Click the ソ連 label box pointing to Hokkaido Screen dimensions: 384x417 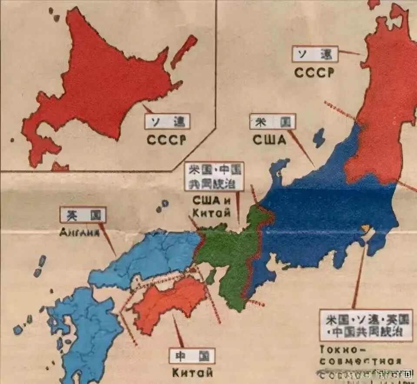point(168,122)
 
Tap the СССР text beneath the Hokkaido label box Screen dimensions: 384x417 point(166,139)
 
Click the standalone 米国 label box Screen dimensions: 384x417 point(272,122)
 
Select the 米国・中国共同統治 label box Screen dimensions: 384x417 point(214,176)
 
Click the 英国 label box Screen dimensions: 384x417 point(83,215)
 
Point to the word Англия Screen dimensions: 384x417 point(80,232)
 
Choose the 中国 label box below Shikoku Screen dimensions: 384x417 point(192,356)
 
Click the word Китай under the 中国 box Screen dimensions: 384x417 point(192,372)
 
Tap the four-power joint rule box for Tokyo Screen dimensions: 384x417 point(365,325)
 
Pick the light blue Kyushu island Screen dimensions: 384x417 point(87,330)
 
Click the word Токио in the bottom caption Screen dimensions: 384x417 point(332,349)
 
